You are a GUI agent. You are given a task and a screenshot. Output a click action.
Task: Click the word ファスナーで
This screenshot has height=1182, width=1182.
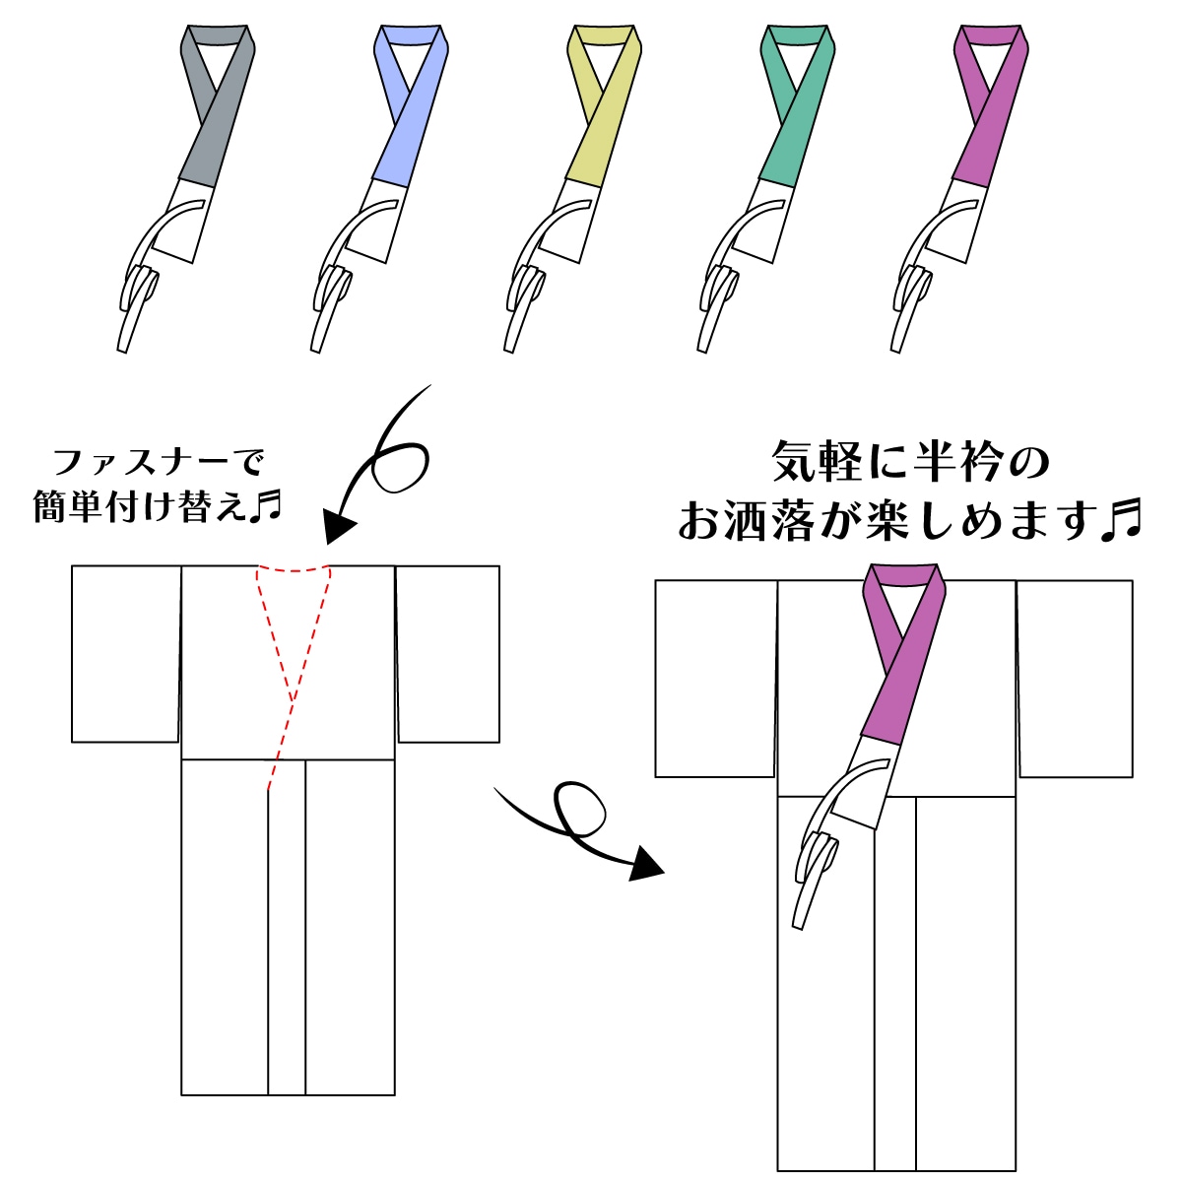click(158, 462)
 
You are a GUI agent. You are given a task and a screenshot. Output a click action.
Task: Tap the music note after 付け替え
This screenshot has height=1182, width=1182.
click(265, 506)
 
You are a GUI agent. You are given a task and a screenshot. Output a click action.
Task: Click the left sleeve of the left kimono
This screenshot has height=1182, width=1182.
click(126, 653)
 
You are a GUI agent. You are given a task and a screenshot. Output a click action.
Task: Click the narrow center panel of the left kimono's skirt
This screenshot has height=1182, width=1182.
click(287, 926)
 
